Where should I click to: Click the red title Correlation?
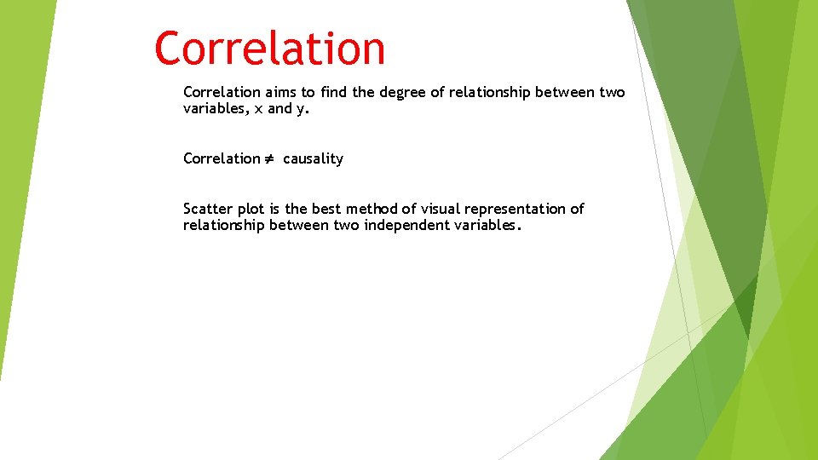tap(269, 49)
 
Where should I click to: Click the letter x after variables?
tap(259, 109)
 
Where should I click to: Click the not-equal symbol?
tap(270, 158)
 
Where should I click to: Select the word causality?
tap(313, 159)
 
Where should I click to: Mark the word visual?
tap(439, 209)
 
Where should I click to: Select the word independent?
tap(404, 226)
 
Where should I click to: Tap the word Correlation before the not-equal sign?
tap(222, 158)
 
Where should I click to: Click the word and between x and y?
tap(280, 109)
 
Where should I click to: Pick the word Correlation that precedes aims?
tap(222, 92)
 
